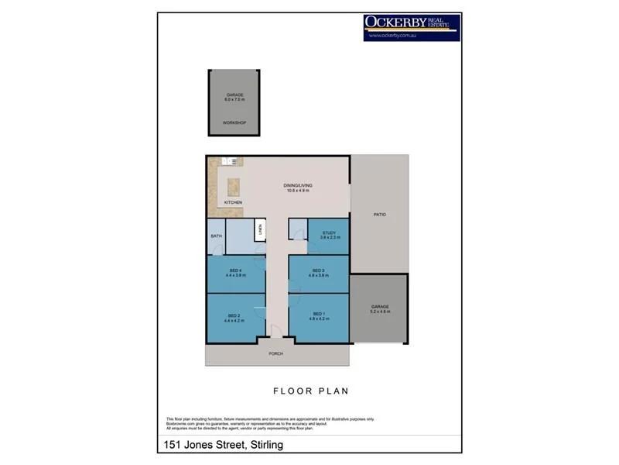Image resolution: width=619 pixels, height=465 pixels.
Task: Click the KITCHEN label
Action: (x=233, y=202)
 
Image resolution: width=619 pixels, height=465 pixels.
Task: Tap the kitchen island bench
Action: (x=233, y=187)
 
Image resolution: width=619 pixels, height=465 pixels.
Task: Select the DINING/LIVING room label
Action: (x=296, y=185)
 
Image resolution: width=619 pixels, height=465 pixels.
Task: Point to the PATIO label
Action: (x=379, y=215)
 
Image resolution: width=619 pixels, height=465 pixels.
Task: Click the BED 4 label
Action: (x=235, y=270)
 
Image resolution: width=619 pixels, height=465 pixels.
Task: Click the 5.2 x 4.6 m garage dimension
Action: (x=379, y=312)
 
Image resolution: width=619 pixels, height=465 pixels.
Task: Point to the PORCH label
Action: (x=276, y=353)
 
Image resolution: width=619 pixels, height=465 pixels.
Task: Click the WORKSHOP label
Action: (x=234, y=123)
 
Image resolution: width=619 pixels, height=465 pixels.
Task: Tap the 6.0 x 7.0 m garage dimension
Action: (x=234, y=100)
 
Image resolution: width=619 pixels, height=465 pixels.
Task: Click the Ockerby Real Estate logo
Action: (x=412, y=26)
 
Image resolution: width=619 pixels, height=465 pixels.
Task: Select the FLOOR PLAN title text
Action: (x=309, y=391)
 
